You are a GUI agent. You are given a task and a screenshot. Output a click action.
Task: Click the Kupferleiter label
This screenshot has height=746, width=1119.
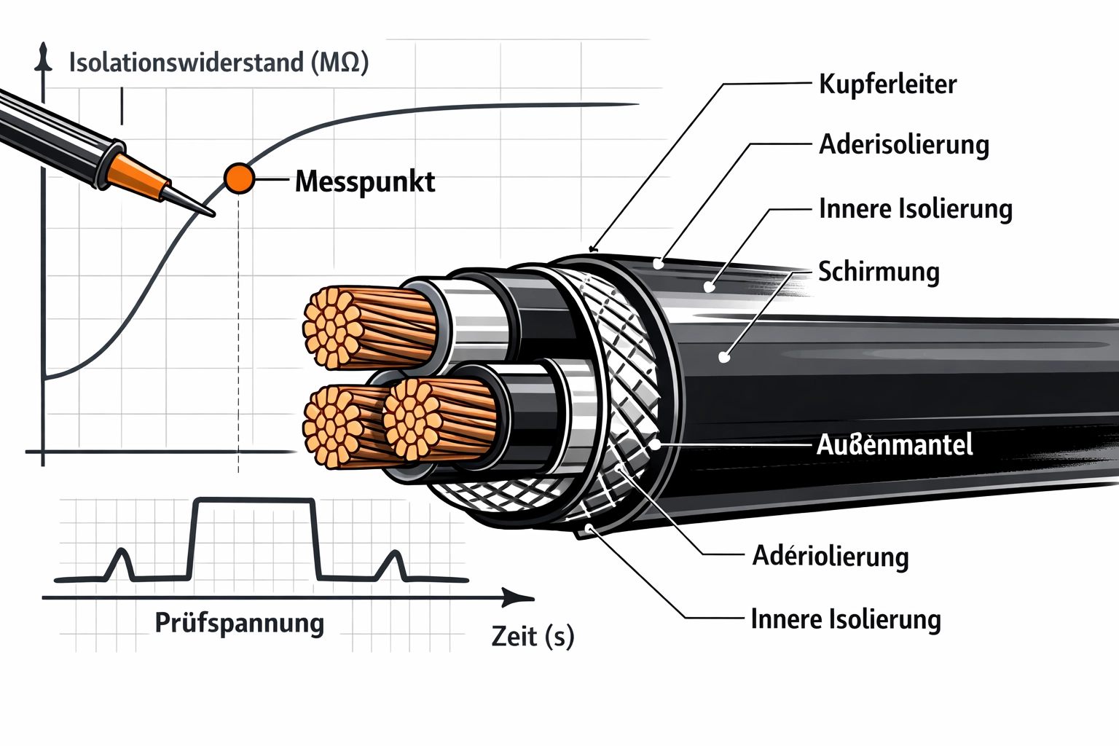coord(887,84)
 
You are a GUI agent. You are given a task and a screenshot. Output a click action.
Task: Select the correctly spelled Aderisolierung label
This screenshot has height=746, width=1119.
coord(904,144)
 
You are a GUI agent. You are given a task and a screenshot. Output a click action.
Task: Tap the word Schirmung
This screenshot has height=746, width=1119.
coord(879,271)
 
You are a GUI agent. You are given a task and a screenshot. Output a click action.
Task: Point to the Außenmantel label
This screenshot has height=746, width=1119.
coord(895,444)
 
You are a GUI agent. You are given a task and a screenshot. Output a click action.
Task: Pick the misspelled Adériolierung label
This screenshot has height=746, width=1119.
coord(831,556)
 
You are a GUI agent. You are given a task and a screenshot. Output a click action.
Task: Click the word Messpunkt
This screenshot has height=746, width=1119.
coord(365,181)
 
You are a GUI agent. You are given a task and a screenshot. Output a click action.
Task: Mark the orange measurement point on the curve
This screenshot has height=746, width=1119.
coord(239,178)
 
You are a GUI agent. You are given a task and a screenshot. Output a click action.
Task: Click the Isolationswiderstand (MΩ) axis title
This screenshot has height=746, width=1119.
coord(219,63)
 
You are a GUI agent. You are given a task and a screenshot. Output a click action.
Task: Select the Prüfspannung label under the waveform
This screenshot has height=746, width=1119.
coord(240,623)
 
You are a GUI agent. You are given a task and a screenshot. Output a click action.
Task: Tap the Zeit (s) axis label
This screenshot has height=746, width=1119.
coord(533,636)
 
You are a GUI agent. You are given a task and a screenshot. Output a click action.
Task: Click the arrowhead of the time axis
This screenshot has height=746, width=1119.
coord(520,598)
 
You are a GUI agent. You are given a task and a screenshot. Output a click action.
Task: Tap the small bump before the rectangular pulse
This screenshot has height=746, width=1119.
coord(122,564)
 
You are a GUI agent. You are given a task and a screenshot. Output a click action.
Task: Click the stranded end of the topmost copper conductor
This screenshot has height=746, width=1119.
coord(334,326)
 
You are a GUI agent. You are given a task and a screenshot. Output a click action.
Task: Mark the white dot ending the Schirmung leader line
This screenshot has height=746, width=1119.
coord(723,357)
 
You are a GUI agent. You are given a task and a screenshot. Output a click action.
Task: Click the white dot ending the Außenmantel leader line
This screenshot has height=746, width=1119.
coord(655,443)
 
